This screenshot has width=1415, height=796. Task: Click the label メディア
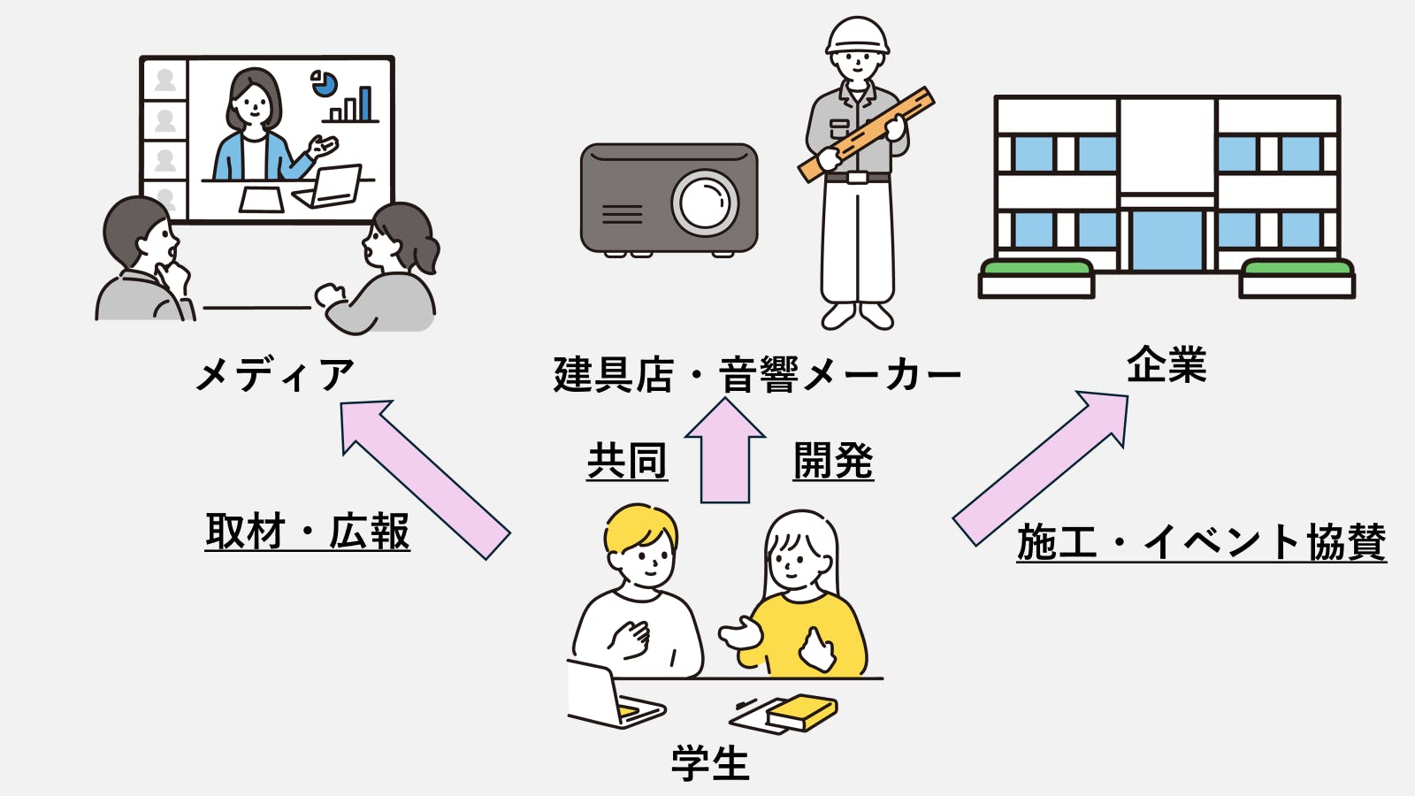(x=275, y=374)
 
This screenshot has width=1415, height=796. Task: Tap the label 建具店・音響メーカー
(x=757, y=374)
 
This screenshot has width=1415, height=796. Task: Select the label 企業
(x=1166, y=365)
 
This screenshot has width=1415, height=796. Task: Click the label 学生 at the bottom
(x=710, y=763)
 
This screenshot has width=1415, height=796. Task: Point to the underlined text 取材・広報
(x=308, y=532)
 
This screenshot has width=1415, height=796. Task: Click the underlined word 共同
(x=627, y=461)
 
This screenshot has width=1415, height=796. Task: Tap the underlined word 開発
(x=833, y=461)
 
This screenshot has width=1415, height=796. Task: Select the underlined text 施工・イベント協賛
(x=1201, y=541)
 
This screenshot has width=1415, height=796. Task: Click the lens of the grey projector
(x=705, y=202)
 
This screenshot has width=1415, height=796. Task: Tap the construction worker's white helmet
(x=857, y=35)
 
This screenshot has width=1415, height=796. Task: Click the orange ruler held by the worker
(x=867, y=134)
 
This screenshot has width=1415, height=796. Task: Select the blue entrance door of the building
(x=1166, y=240)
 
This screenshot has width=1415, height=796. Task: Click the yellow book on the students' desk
(x=801, y=711)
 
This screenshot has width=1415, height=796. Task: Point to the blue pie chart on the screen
(x=325, y=84)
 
